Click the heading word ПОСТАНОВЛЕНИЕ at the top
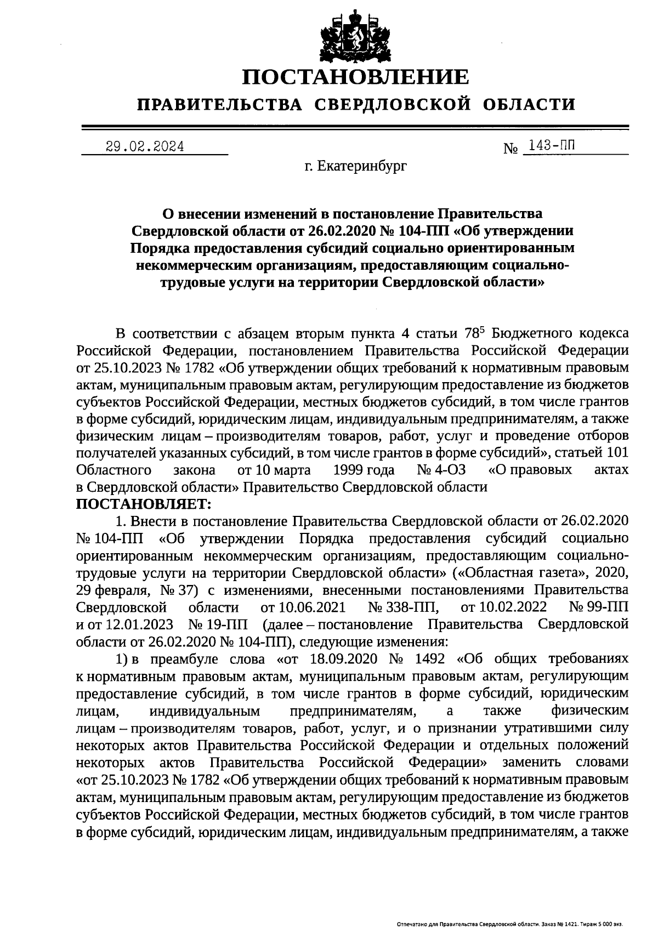point(356,77)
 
